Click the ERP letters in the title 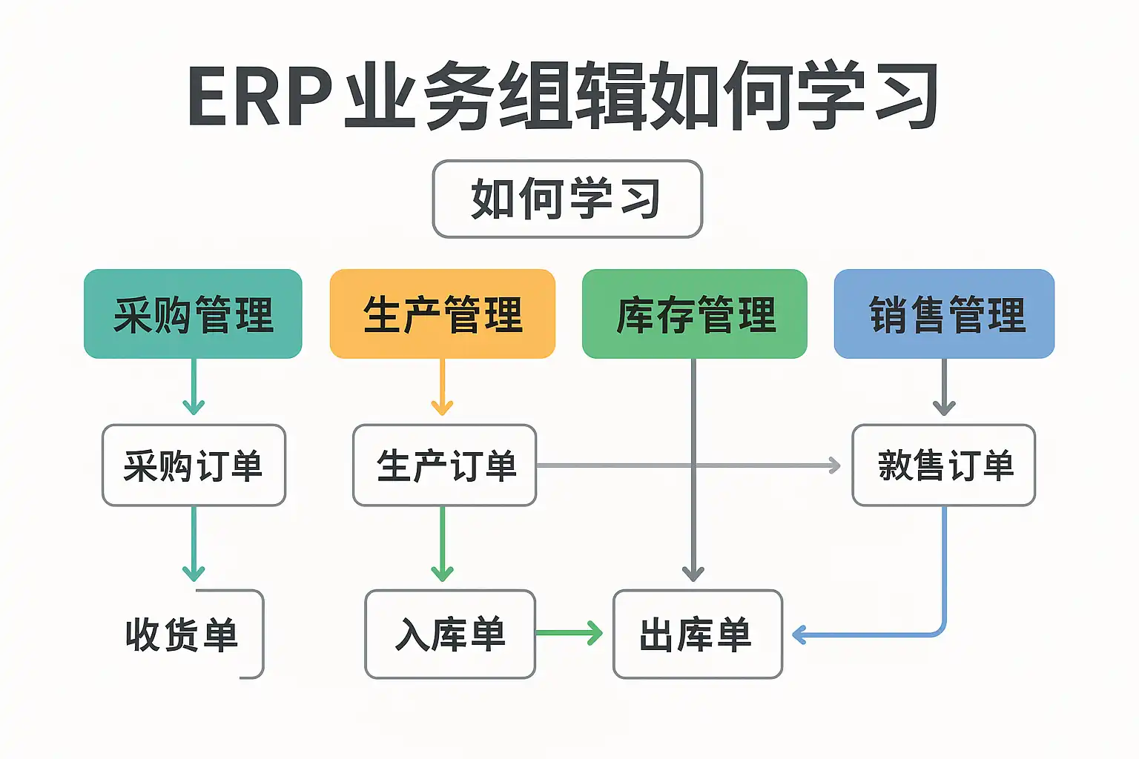click(260, 97)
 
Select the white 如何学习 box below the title click(567, 199)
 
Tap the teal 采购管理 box click(193, 314)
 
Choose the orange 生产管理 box click(443, 314)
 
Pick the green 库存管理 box click(695, 314)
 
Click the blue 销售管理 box click(944, 314)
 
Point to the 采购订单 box click(194, 465)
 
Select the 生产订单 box click(445, 465)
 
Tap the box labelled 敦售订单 click(944, 465)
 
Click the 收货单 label click(182, 634)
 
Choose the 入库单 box click(450, 634)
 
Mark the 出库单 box click(697, 634)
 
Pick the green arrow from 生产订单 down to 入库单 click(443, 544)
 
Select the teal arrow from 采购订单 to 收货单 click(194, 544)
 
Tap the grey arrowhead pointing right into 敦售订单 click(833, 465)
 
